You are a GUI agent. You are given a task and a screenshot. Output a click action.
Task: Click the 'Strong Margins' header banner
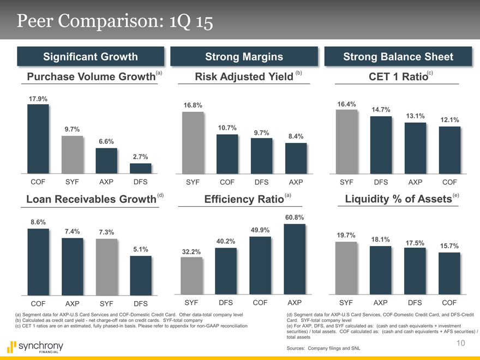(244, 57)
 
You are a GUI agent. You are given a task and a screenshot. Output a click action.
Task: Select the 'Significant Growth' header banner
(91, 57)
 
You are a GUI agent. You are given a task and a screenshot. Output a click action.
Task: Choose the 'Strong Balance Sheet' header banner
(398, 57)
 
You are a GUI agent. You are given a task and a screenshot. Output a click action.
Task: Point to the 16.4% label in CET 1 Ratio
(347, 104)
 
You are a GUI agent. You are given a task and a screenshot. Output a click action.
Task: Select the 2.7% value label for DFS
(140, 158)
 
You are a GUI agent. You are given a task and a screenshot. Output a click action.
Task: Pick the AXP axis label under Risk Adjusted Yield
(295, 181)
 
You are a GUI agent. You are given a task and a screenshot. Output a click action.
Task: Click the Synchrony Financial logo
(35, 347)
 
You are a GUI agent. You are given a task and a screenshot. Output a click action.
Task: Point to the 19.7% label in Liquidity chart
(346, 235)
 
